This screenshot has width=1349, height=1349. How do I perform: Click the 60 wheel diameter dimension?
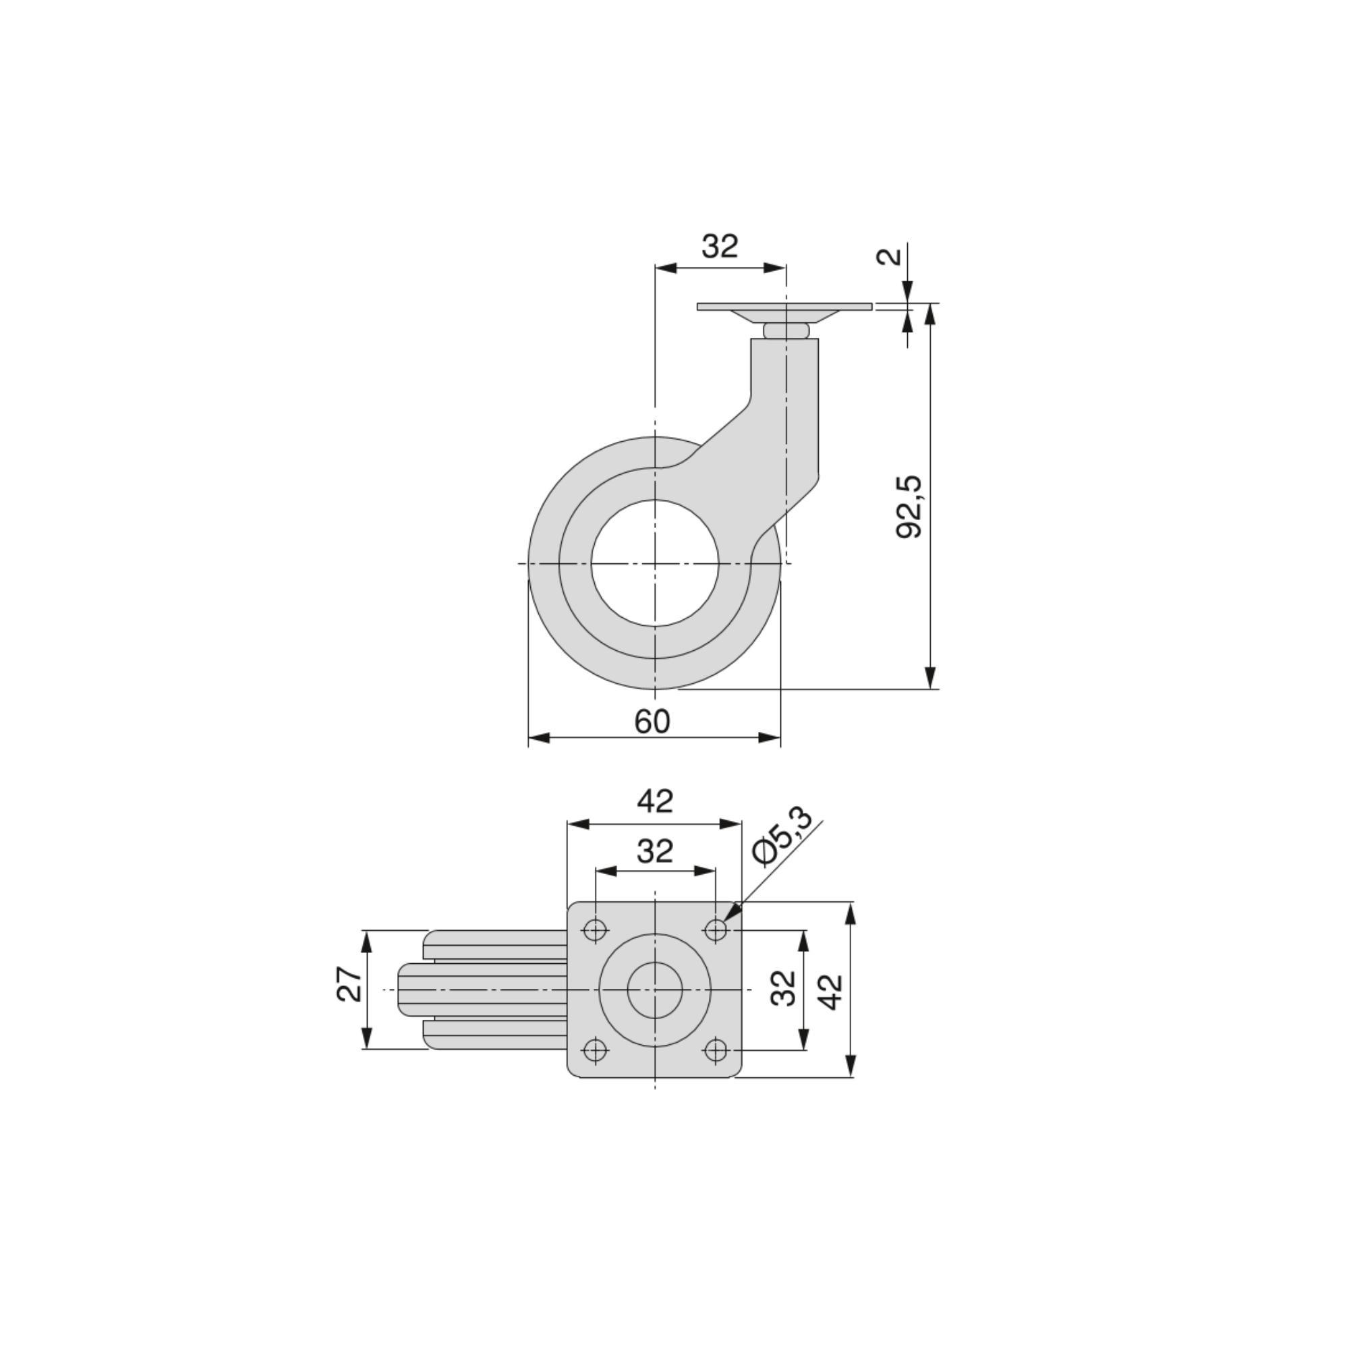[652, 721]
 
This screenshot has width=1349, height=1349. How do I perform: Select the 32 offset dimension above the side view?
[719, 246]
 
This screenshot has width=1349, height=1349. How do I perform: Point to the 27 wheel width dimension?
[351, 984]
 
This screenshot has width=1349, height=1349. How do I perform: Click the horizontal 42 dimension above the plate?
[654, 801]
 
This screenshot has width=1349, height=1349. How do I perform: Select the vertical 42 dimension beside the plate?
[831, 991]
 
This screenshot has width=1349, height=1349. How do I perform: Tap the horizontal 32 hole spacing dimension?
[654, 851]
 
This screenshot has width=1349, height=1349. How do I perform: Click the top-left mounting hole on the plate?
[595, 930]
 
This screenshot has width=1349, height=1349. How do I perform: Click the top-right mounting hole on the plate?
[716, 930]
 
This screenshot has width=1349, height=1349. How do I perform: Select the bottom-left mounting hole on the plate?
[595, 1050]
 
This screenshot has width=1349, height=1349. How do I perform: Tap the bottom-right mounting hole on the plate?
[716, 1050]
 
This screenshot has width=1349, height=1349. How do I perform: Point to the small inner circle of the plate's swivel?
[654, 989]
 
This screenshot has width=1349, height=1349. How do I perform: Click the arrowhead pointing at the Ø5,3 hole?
[730, 913]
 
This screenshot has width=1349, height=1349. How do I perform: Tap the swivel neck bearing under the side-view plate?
[786, 331]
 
